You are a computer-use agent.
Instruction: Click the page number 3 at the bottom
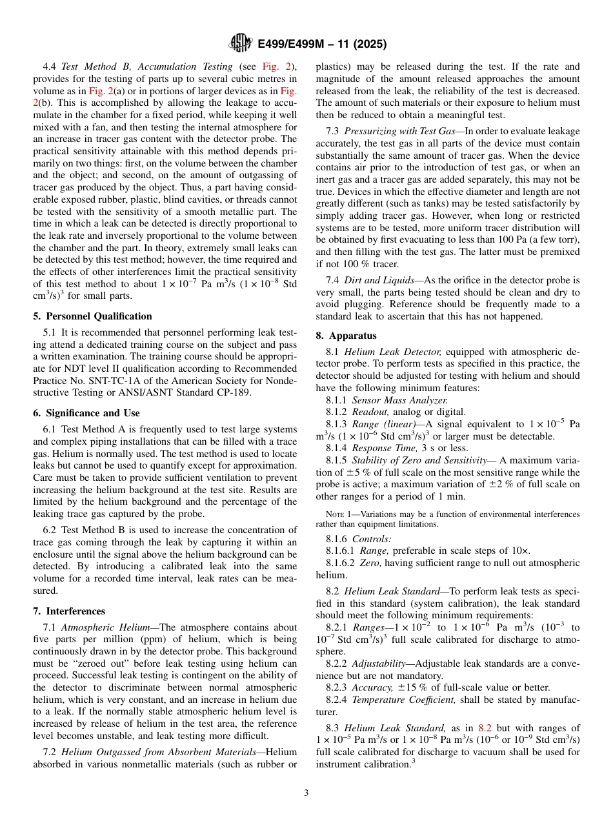pos(306,793)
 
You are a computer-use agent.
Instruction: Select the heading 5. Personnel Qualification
pos(92,316)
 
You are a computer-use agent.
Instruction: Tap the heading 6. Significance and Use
pos(86,413)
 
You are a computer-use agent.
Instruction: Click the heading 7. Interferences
pos(68,611)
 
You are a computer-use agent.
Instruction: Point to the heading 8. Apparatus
pos(346,336)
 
